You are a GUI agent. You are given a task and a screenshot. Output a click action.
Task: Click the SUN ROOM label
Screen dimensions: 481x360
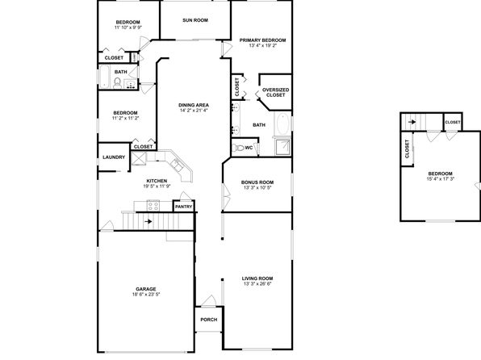pyautogui.click(x=195, y=20)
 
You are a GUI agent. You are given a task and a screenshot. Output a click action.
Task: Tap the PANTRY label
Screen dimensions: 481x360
pyautogui.click(x=183, y=207)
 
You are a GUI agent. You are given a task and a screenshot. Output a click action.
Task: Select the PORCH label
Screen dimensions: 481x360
pyautogui.click(x=209, y=320)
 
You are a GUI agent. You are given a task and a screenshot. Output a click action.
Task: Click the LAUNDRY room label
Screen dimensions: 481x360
pyautogui.click(x=114, y=157)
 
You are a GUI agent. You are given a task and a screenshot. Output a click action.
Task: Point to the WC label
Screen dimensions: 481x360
pyautogui.click(x=249, y=148)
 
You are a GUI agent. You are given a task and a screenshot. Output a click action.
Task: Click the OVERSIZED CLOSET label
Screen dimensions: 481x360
pyautogui.click(x=275, y=92)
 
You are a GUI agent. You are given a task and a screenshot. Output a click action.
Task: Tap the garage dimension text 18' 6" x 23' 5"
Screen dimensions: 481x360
pyautogui.click(x=146, y=295)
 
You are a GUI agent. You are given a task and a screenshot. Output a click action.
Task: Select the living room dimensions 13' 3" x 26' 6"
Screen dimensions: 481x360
pyautogui.click(x=257, y=284)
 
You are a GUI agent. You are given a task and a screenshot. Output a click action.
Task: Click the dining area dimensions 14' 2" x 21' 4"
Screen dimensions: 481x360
pyautogui.click(x=194, y=110)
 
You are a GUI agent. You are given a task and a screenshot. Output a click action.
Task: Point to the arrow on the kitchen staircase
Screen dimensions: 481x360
pyautogui.click(x=148, y=221)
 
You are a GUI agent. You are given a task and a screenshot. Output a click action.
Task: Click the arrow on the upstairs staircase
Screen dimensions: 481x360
pyautogui.click(x=412, y=122)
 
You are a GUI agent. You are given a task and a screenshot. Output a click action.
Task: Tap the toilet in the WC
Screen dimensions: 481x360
pyautogui.click(x=238, y=148)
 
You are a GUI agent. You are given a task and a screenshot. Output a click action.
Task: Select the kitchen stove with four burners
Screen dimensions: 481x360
pyautogui.click(x=153, y=206)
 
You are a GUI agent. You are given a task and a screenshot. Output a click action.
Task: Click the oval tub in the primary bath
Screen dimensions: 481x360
pyautogui.click(x=282, y=123)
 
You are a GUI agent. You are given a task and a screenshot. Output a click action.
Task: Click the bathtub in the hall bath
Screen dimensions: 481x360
pyautogui.click(x=104, y=77)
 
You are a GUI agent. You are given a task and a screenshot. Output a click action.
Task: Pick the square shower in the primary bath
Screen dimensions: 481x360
pyautogui.click(x=282, y=148)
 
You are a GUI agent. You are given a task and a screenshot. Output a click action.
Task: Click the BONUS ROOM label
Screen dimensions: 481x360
pyautogui.click(x=257, y=182)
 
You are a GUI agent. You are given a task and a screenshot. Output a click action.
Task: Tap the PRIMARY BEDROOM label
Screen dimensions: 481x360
pyautogui.click(x=262, y=40)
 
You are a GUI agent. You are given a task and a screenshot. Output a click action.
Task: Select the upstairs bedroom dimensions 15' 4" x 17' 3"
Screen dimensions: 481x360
pyautogui.click(x=440, y=178)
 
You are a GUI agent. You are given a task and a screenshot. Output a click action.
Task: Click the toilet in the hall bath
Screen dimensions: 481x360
pyautogui.click(x=117, y=83)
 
